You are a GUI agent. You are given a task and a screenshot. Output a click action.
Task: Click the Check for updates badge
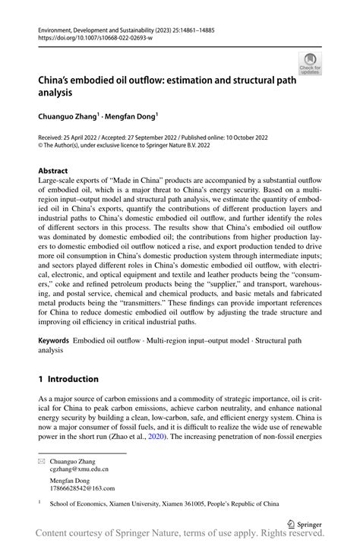pyautogui.click(x=310, y=62)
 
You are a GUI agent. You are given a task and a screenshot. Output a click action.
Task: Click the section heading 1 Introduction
pyautogui.click(x=69, y=378)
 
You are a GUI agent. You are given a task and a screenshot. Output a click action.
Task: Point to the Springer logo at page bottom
pyautogui.click(x=304, y=523)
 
